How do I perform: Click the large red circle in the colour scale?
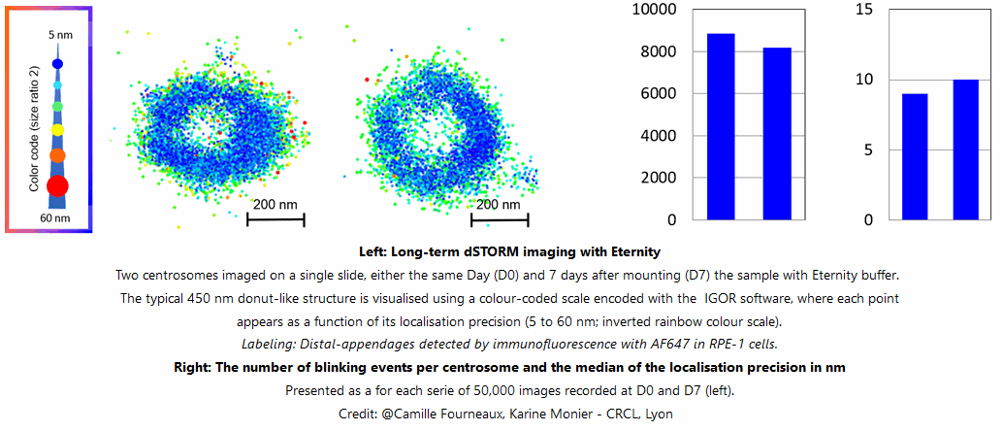(57, 185)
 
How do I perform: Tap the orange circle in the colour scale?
(57, 154)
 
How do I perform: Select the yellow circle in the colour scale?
(57, 129)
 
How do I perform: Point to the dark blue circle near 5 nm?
(57, 64)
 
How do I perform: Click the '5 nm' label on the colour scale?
(60, 35)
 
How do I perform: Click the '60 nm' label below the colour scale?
(56, 217)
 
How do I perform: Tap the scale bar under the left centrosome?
(275, 220)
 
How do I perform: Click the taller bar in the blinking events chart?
(721, 126)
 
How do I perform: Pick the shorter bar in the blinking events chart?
(777, 133)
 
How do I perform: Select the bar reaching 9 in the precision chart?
(914, 156)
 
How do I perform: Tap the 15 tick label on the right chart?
(865, 10)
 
